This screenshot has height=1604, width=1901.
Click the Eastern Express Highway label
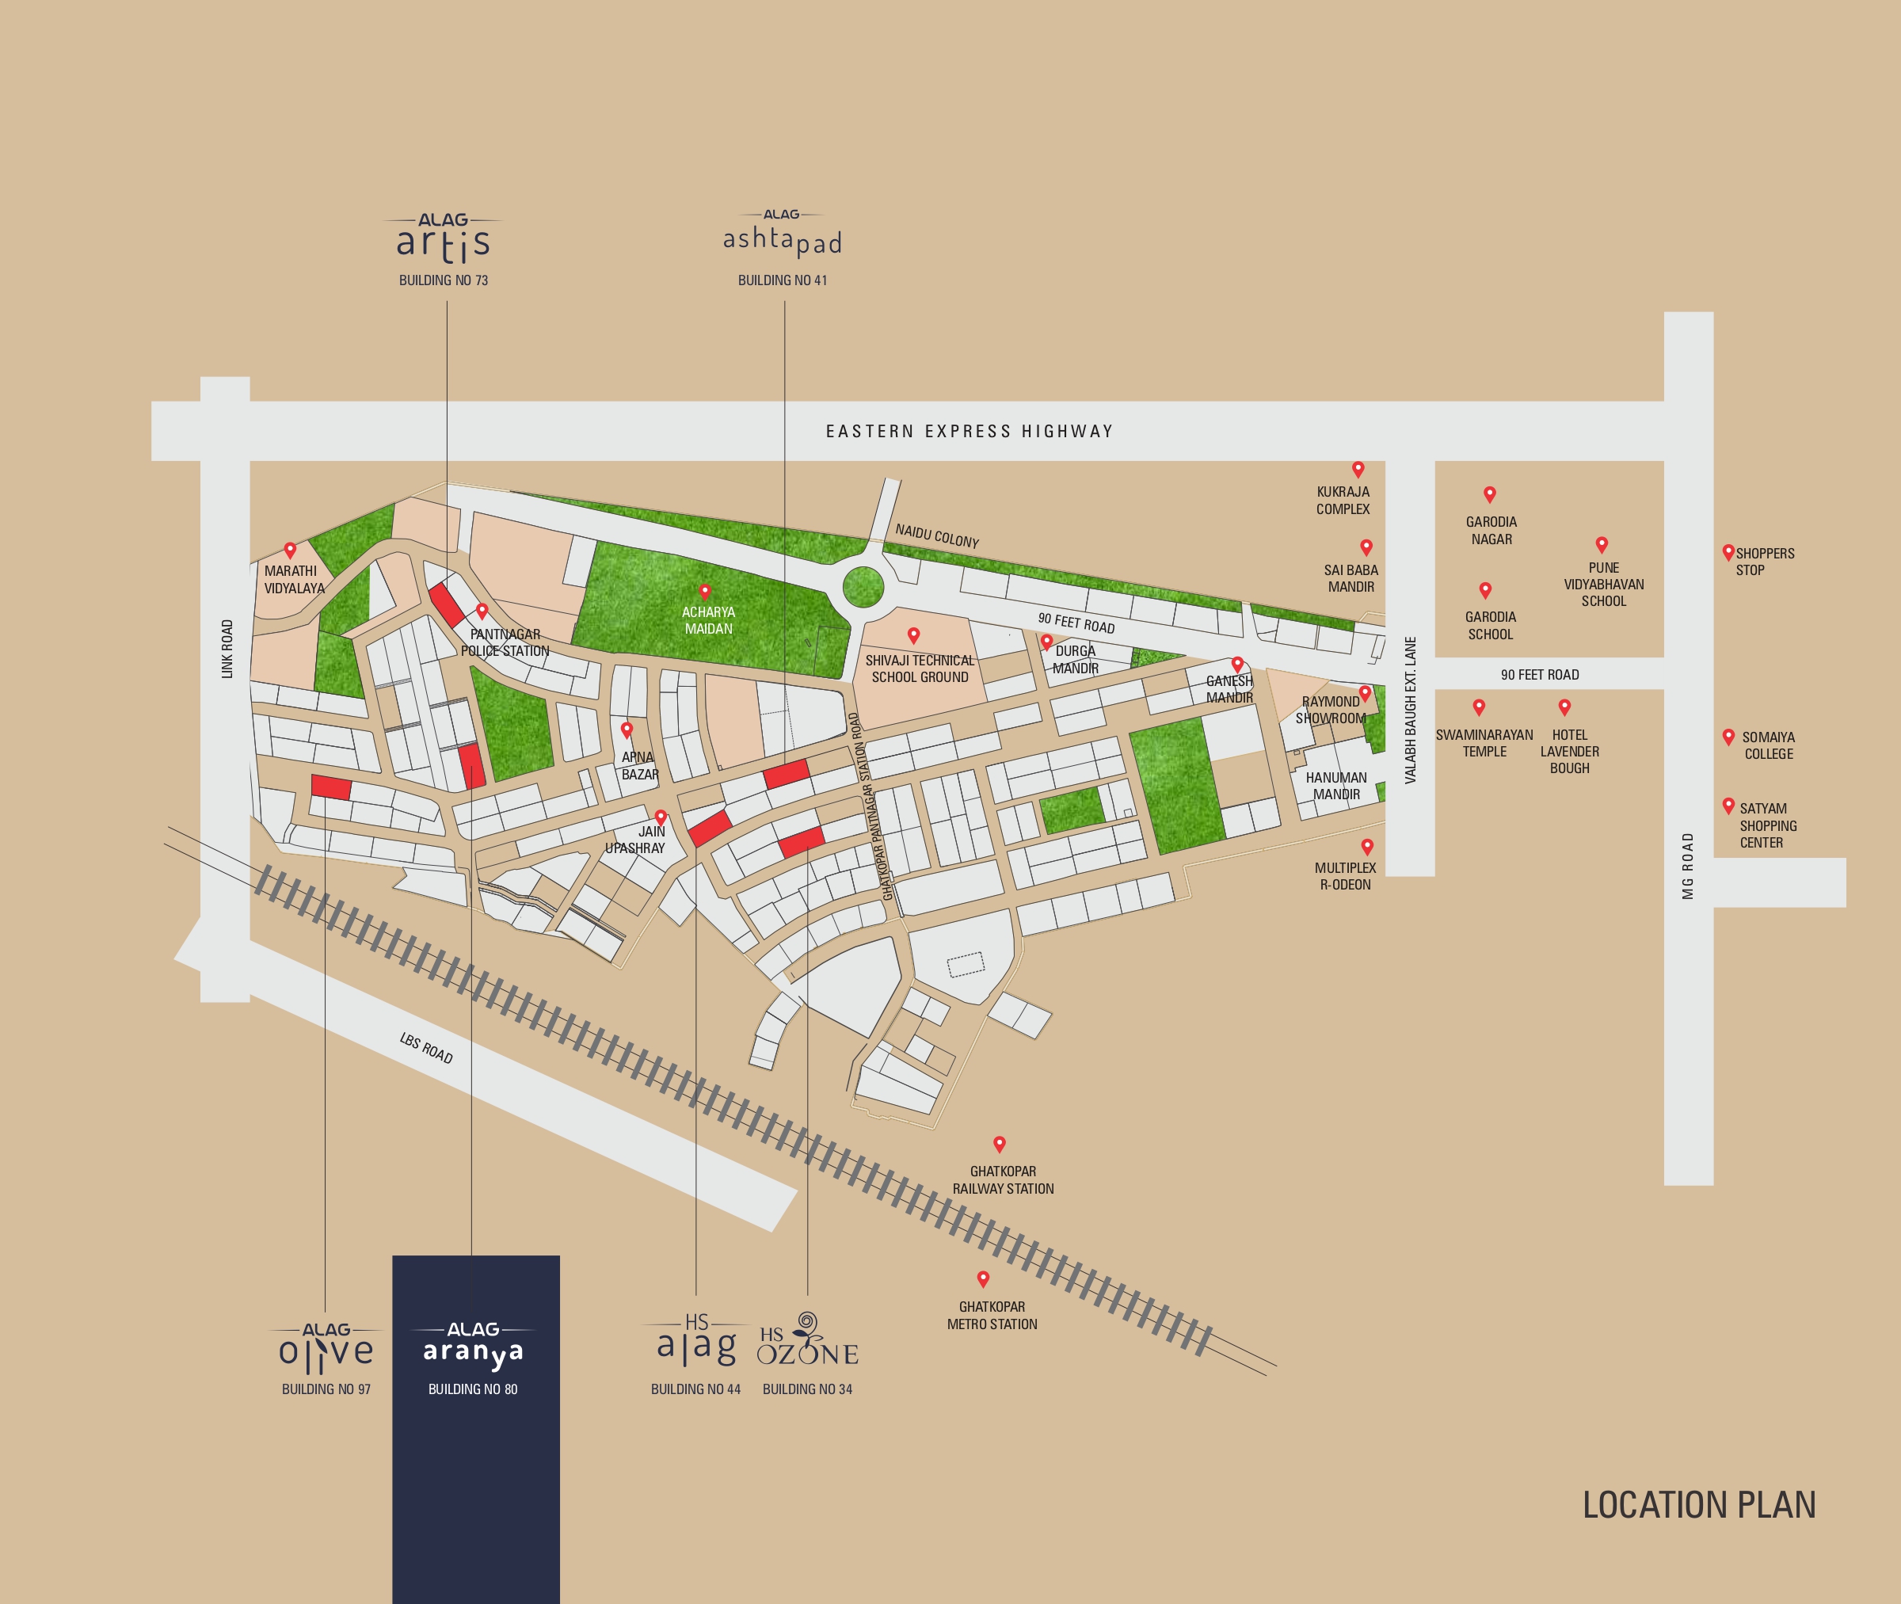[x=970, y=431]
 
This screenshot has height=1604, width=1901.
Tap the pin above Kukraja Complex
[x=1358, y=469]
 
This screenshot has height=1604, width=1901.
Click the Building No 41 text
[x=782, y=280]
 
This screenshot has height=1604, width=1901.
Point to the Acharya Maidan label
[x=708, y=620]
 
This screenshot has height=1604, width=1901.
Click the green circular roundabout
[x=862, y=586]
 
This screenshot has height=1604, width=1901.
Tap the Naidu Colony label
[x=936, y=535]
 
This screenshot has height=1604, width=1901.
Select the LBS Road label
[x=425, y=1047]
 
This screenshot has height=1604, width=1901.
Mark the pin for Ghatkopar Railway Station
[x=999, y=1143]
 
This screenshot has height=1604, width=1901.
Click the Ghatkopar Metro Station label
[x=992, y=1315]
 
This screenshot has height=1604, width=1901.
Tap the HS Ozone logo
[x=807, y=1341]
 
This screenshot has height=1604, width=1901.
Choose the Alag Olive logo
[x=326, y=1348]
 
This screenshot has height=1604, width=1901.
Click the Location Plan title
[x=1698, y=1506]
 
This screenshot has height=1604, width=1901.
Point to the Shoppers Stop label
[x=1764, y=561]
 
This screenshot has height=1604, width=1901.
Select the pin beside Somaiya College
[x=1728, y=737]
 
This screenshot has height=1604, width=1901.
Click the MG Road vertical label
[x=1688, y=866]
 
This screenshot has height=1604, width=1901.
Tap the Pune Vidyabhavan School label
[x=1604, y=584]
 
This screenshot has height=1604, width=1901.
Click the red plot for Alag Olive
[x=331, y=787]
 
